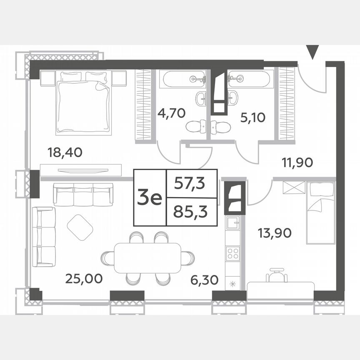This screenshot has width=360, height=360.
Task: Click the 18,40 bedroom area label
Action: click(66, 152)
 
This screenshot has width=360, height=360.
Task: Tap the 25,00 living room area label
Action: click(84, 278)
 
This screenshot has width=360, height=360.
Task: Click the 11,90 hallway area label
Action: click(297, 162)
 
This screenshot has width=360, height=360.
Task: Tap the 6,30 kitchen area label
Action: click(204, 280)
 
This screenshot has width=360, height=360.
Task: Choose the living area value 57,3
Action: click(191, 183)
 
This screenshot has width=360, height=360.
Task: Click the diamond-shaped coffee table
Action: click(80, 227)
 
